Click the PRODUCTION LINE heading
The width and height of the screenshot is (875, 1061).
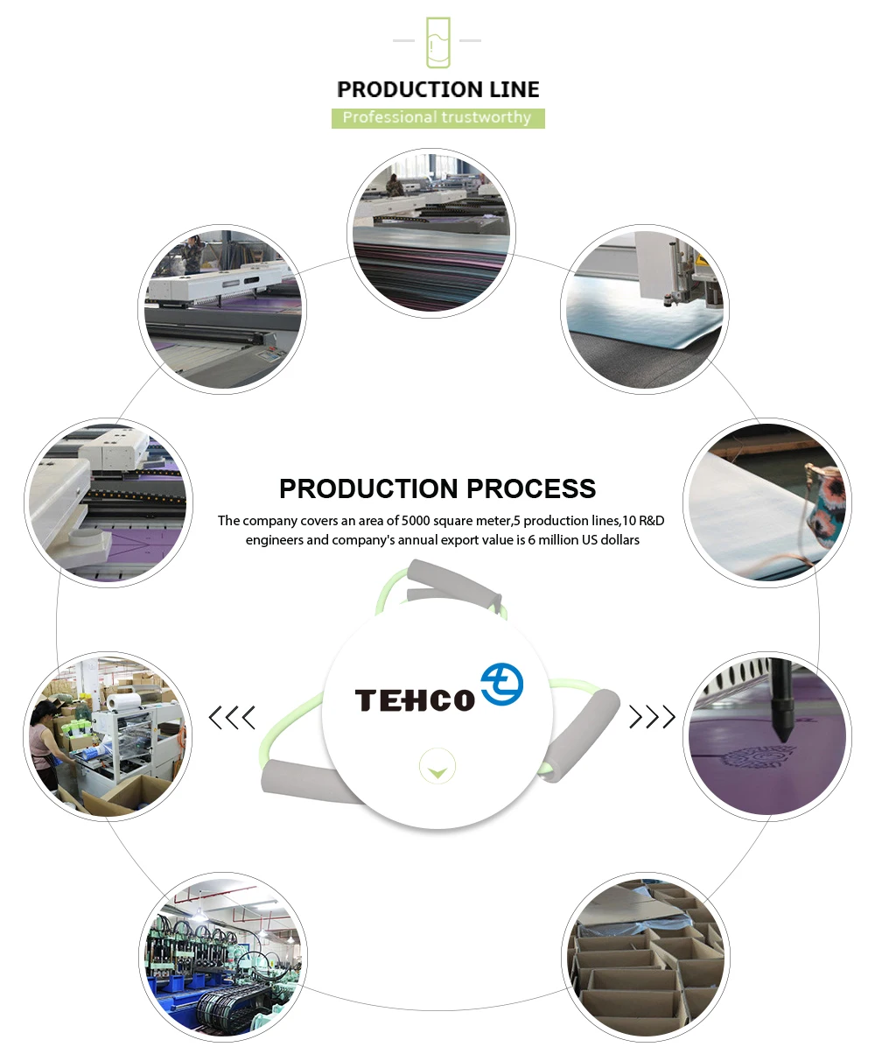[x=437, y=89]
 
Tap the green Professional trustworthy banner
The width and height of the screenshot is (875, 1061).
[x=437, y=118]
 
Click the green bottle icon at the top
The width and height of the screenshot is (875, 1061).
[x=437, y=42]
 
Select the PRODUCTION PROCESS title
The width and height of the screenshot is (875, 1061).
[x=437, y=488]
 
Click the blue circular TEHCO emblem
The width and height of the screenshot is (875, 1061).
[x=502, y=684]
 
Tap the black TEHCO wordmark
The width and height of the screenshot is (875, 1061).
[x=414, y=700]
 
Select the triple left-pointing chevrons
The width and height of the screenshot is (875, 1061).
[x=232, y=718]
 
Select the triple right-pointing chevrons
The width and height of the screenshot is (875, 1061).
[x=652, y=717]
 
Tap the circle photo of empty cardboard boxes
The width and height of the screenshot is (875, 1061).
[x=645, y=959]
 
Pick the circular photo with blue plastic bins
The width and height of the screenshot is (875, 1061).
[x=223, y=959]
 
